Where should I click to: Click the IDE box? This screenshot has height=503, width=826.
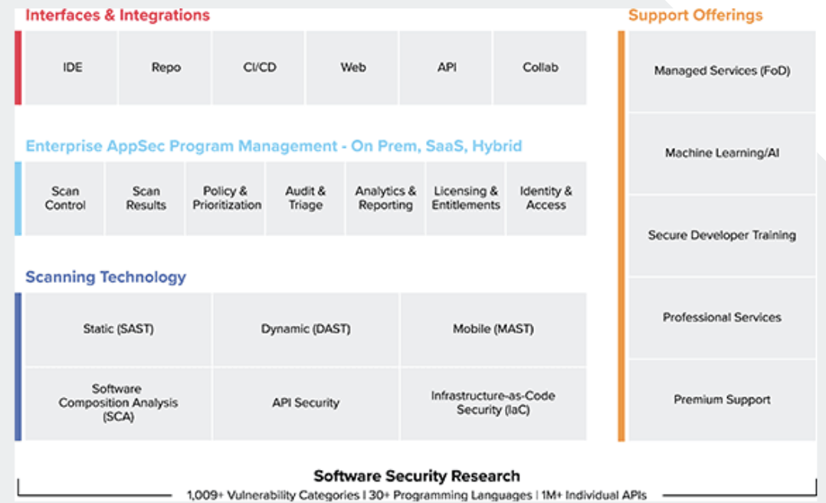(72, 67)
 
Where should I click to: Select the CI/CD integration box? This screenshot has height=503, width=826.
(259, 67)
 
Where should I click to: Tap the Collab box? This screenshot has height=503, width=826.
(540, 67)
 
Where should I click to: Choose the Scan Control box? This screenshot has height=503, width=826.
(65, 199)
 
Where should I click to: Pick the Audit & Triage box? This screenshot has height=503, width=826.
(306, 199)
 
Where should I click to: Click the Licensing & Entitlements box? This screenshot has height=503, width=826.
(466, 199)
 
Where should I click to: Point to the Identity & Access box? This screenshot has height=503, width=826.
(546, 199)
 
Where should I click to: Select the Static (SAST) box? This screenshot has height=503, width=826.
(119, 329)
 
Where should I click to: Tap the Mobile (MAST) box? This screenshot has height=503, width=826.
(493, 329)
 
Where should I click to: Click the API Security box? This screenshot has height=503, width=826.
(306, 403)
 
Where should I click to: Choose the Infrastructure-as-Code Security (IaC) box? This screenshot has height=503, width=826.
(493, 403)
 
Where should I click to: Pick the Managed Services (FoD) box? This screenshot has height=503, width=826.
(722, 71)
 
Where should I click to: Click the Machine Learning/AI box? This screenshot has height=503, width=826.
(722, 153)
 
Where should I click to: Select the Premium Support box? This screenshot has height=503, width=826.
(722, 399)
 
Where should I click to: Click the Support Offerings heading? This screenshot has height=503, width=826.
(696, 15)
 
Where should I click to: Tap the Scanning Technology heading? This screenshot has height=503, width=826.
(106, 278)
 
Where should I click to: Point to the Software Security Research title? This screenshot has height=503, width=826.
(417, 476)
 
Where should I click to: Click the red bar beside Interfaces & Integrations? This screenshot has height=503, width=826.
(18, 67)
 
